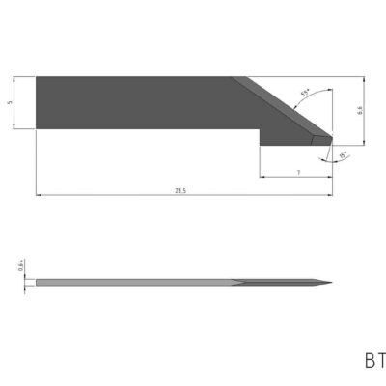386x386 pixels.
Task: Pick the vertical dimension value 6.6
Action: tap(359, 112)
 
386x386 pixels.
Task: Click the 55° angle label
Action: tap(306, 94)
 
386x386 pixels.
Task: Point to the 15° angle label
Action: tap(343, 154)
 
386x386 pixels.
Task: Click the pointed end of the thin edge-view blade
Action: tap(331, 283)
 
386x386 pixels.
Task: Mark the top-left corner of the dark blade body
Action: tap(37, 77)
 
